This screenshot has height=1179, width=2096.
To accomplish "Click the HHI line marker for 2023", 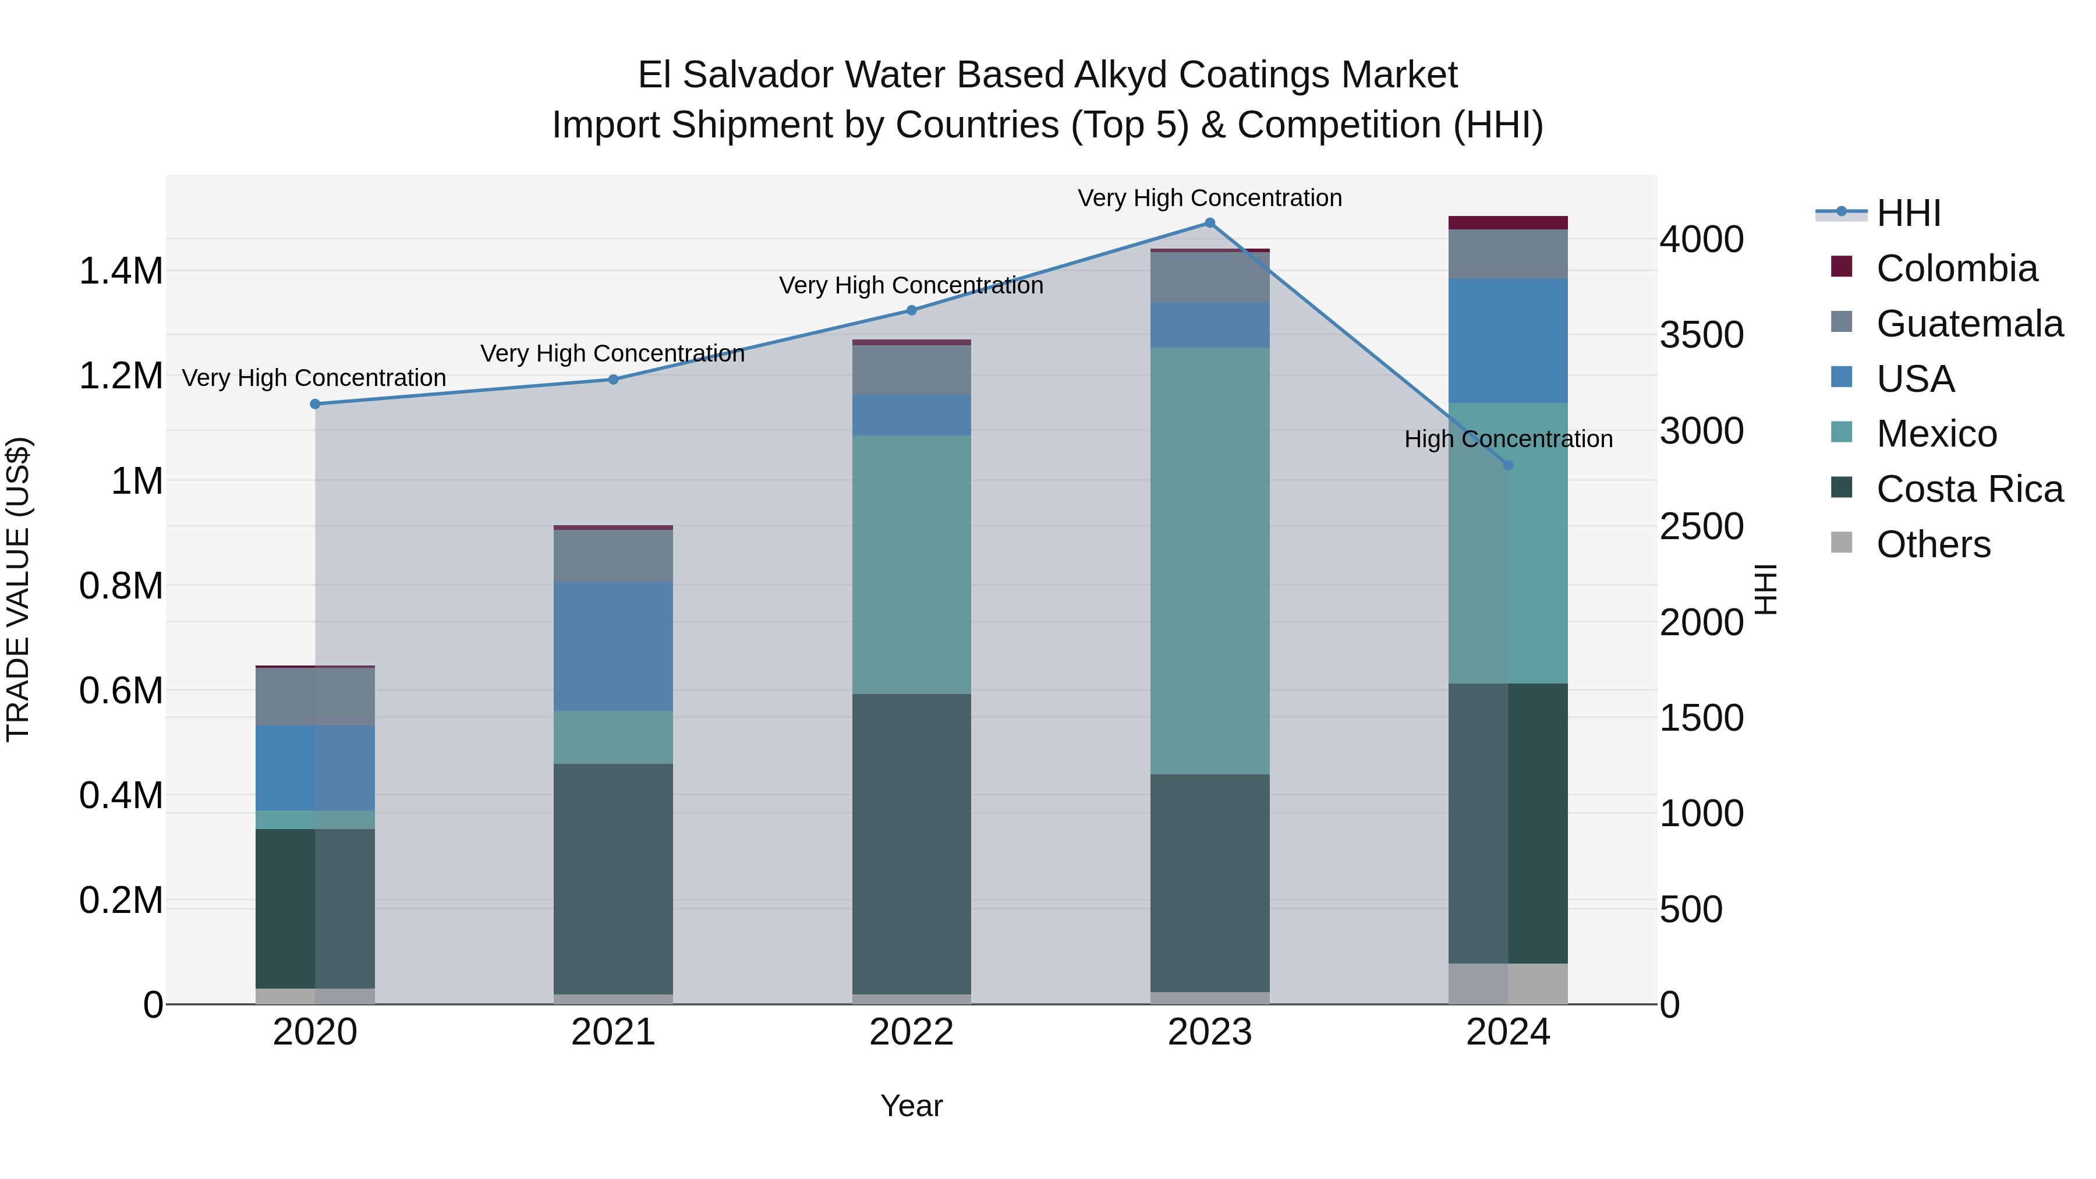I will tap(1209, 223).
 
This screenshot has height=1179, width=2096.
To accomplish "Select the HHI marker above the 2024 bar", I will tap(1508, 465).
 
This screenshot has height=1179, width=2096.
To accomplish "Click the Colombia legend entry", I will tap(1956, 268).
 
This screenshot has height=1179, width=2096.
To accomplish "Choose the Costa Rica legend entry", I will tap(1969, 489).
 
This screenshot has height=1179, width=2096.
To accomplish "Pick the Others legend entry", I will tap(1932, 544).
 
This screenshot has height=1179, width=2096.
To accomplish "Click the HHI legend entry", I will tap(1907, 213).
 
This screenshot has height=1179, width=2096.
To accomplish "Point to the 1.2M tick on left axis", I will tap(121, 376).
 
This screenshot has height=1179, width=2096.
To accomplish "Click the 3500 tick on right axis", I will tap(1701, 335).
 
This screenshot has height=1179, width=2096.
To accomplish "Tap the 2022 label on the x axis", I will tap(911, 1032).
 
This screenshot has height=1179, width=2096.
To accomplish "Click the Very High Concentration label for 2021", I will tap(612, 354).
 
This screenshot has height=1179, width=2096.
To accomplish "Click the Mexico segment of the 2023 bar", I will tap(1209, 561).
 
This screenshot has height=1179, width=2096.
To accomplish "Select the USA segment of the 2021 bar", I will tap(612, 647).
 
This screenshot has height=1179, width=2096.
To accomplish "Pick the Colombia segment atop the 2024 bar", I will tap(1508, 223).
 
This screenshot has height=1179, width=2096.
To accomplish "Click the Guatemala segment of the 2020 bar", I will tap(315, 696).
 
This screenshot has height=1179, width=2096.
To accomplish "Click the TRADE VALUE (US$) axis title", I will tap(18, 589).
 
